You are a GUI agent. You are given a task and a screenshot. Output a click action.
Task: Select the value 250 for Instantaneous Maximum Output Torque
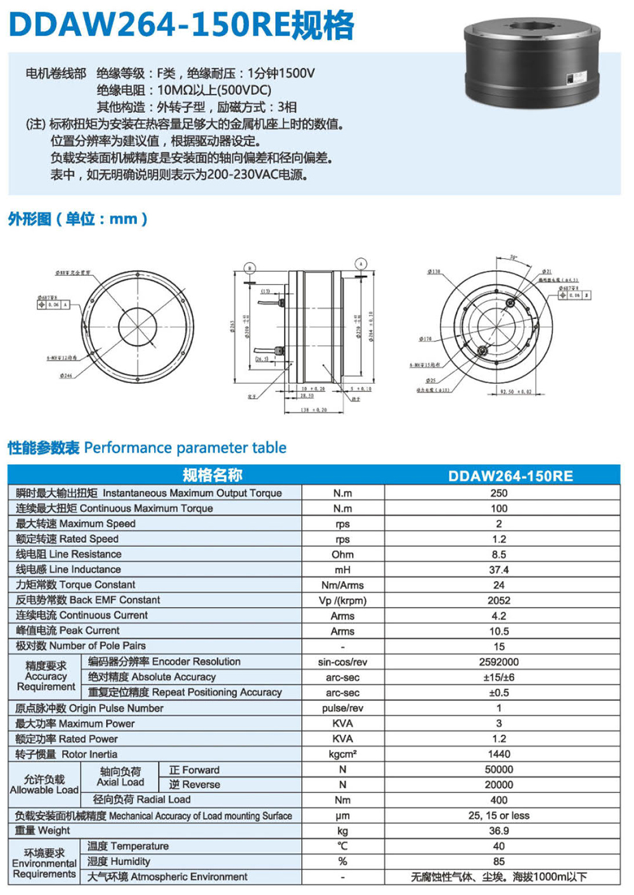pyautogui.click(x=499, y=493)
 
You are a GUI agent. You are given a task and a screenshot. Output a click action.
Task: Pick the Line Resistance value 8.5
pyautogui.click(x=499, y=554)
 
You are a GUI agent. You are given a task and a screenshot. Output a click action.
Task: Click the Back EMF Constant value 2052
pyautogui.click(x=499, y=600)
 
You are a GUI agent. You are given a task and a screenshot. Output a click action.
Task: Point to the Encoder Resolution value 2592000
pyautogui.click(x=499, y=662)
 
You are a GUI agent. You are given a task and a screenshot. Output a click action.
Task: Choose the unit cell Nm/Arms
pyautogui.click(x=342, y=585)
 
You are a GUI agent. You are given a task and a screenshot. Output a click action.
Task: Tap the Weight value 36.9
pyautogui.click(x=499, y=830)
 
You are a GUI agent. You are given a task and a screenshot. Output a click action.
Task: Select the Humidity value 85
pyautogui.click(x=499, y=861)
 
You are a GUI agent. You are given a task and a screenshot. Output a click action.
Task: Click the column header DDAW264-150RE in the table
pyautogui.click(x=510, y=476)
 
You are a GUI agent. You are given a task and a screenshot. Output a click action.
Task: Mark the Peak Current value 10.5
pyautogui.click(x=499, y=631)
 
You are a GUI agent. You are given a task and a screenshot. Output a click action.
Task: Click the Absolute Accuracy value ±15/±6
pyautogui.click(x=499, y=677)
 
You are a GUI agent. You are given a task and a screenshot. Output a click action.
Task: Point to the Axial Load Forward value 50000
pyautogui.click(x=499, y=769)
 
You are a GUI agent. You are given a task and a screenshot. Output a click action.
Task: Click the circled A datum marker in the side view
pyautogui.click(x=361, y=264)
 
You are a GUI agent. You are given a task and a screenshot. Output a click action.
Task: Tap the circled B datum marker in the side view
pyautogui.click(x=250, y=268)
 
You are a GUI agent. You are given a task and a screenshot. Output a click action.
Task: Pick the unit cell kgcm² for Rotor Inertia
pyautogui.click(x=342, y=754)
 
